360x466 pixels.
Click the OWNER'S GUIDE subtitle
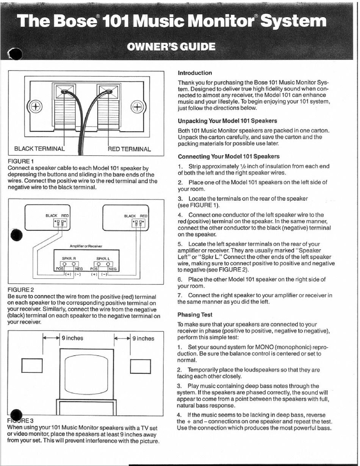coord(172,47)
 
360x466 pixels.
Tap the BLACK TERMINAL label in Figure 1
coord(39,149)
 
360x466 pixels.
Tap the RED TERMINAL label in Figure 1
coord(130,149)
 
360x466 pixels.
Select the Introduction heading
coord(195,73)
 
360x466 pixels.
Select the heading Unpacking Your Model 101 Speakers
coord(227,121)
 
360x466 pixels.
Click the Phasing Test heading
coord(195,315)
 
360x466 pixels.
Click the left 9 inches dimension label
coord(72,338)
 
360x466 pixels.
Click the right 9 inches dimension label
coord(143,338)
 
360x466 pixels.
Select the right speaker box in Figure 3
coord(141,366)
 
